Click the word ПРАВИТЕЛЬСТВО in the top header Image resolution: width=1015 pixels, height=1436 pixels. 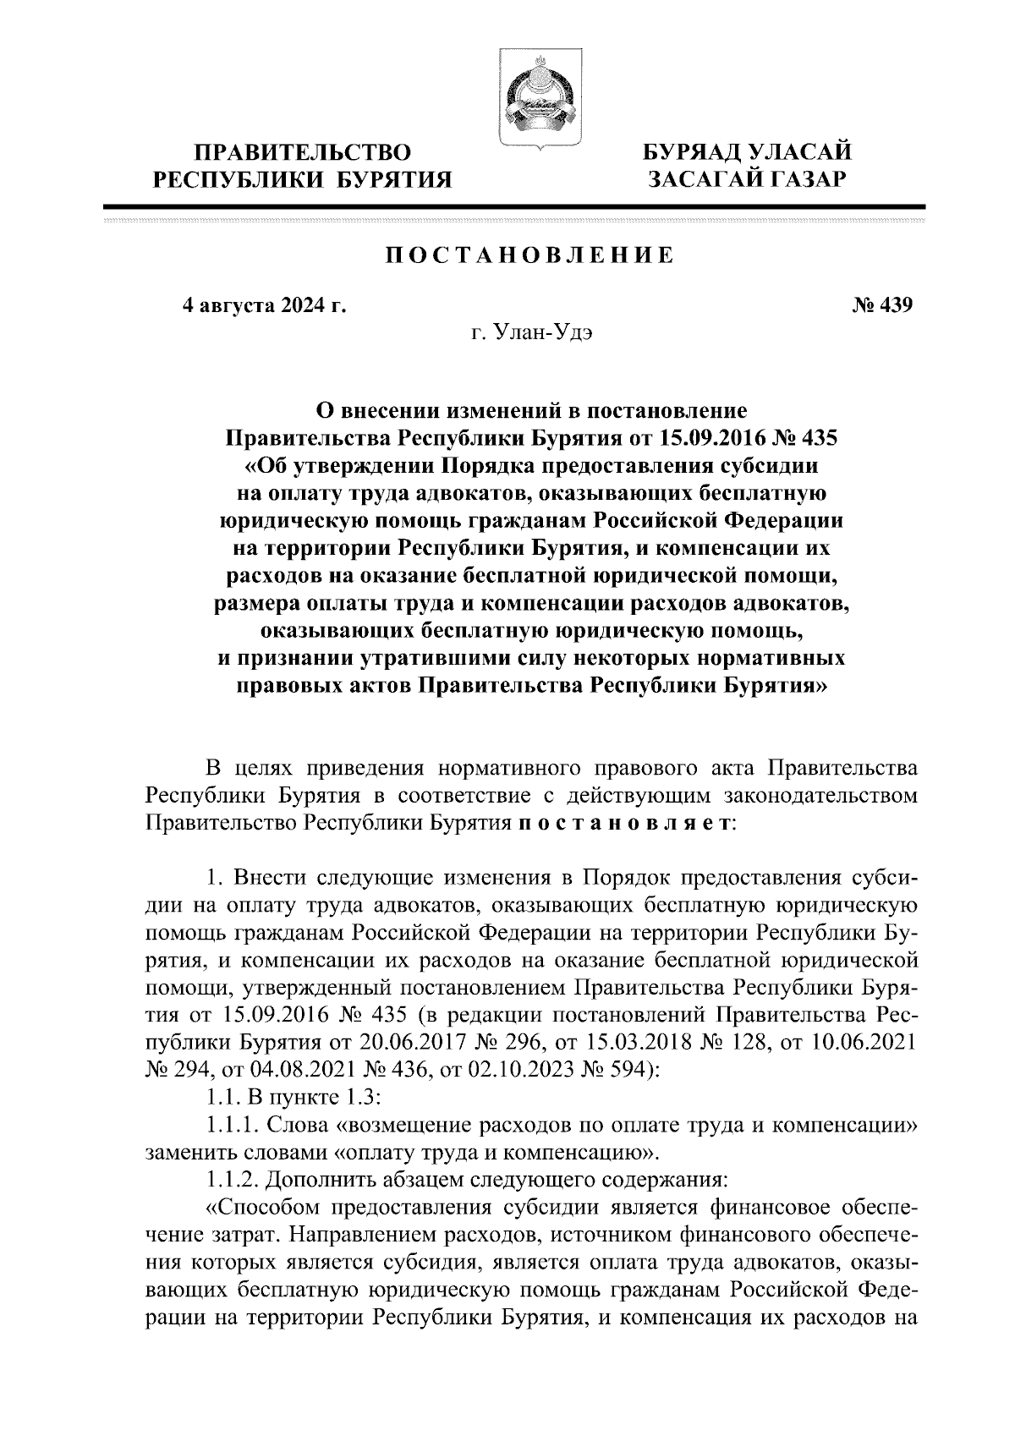304,153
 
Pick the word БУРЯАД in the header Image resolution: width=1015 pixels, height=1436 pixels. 691,152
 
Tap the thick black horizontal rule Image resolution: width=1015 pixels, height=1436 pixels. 514,206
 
